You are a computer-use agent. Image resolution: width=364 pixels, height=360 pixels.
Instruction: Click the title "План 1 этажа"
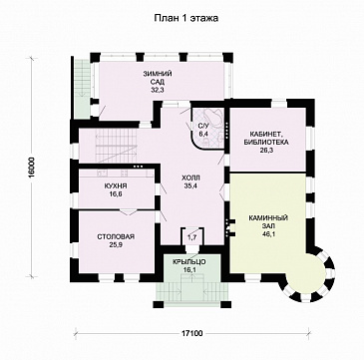[x=185, y=18]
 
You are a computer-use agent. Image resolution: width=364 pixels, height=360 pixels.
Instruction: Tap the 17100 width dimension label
[x=192, y=333]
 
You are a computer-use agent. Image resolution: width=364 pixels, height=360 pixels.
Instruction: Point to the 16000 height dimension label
[x=31, y=167]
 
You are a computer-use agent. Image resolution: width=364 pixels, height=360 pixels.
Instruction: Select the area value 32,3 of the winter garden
[x=154, y=90]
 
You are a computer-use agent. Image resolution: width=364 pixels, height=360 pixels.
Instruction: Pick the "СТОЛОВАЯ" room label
[x=116, y=236]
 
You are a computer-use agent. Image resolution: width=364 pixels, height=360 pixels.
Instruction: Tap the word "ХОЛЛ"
[x=190, y=178]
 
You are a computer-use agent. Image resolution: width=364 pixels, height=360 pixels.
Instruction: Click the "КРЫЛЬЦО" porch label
[x=188, y=262]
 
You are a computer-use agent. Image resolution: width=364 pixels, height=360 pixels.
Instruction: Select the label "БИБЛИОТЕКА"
[x=266, y=143]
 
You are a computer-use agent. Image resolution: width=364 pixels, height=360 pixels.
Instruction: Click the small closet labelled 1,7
[x=191, y=237]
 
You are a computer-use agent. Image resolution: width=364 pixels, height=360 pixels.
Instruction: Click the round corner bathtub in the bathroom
[x=211, y=118]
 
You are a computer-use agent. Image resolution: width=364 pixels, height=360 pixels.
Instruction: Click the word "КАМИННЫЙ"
[x=268, y=218]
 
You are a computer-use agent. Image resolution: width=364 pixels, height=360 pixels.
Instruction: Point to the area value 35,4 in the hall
[x=190, y=186]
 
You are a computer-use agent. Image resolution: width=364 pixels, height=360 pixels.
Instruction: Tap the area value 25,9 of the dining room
[x=116, y=244]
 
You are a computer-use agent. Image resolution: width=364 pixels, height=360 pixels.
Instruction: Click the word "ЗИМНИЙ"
[x=154, y=74]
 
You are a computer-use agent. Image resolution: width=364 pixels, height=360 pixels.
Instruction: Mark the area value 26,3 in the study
[x=266, y=151]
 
